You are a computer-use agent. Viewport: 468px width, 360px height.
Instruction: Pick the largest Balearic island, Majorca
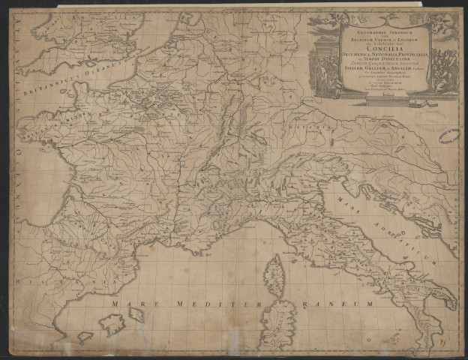112,324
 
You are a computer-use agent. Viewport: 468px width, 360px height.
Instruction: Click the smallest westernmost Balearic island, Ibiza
84,337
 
